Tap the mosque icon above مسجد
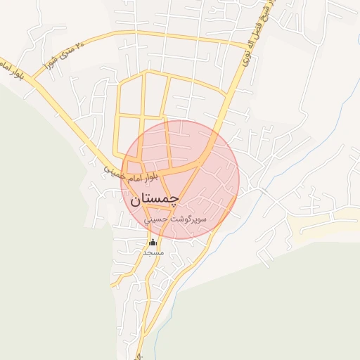click(x=153, y=243)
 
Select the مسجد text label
click(x=153, y=252)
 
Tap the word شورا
click(x=56, y=56)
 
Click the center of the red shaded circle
click(x=181, y=179)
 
